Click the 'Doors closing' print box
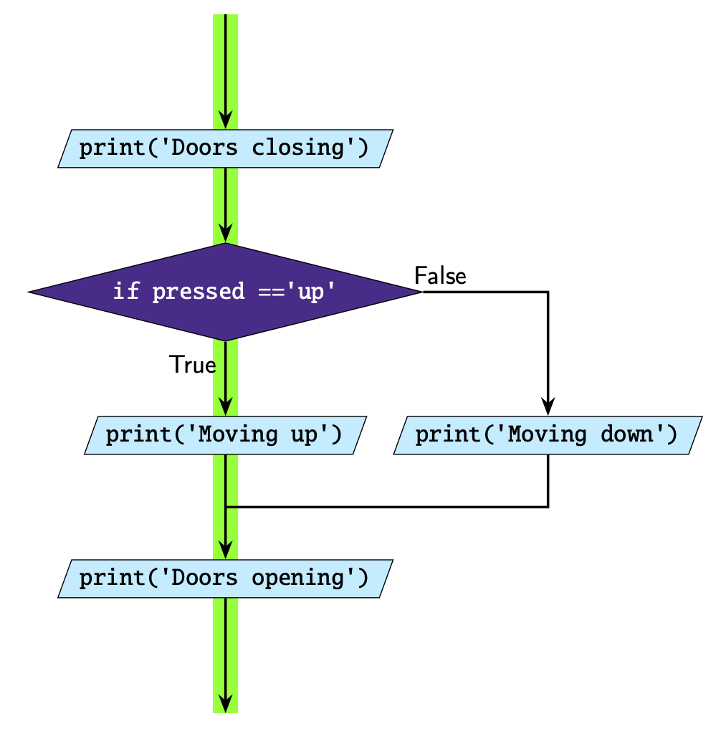click(x=225, y=148)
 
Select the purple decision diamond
click(x=225, y=292)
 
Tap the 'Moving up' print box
click(x=225, y=435)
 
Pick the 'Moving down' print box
click(x=547, y=435)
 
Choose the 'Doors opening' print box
click(x=225, y=578)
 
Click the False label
click(x=440, y=276)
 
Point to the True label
click(x=192, y=365)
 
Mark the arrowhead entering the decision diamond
click(x=225, y=234)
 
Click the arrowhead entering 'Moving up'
click(x=225, y=407)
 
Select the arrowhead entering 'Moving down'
click(x=548, y=407)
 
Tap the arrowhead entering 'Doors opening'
click(x=225, y=551)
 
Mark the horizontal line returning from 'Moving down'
click(x=387, y=507)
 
